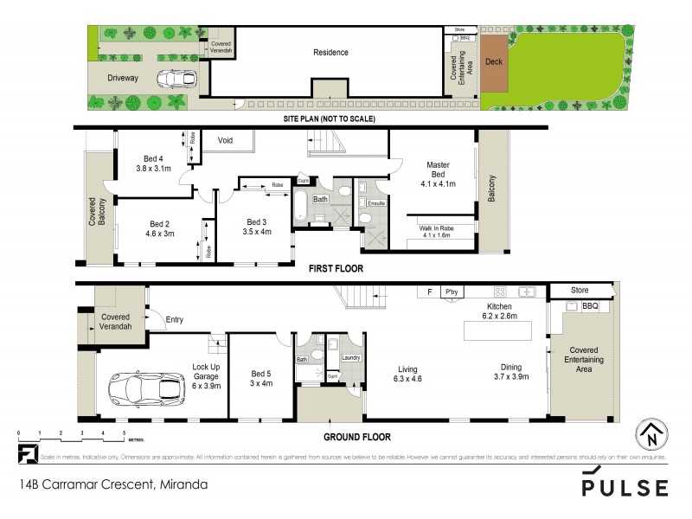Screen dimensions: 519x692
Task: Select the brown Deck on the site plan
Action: tap(493, 62)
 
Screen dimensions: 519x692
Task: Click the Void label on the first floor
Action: tap(225, 140)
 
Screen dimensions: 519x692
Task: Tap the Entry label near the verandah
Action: tap(175, 320)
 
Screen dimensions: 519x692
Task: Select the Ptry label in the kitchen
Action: tap(452, 292)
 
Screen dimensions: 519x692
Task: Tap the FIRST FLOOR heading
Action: tap(336, 269)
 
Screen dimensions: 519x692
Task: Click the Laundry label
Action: tap(350, 357)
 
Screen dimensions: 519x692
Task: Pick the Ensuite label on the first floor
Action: tap(375, 203)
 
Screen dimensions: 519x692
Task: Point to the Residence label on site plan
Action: tap(330, 52)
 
